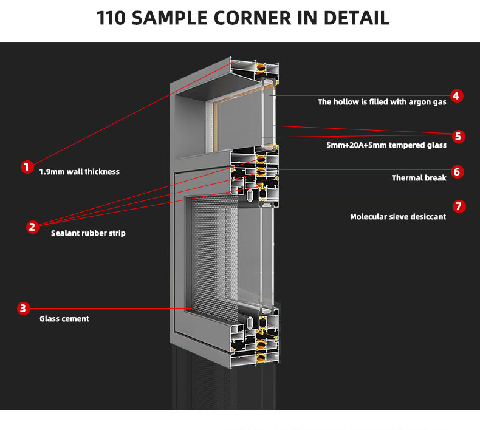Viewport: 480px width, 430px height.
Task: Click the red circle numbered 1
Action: (x=27, y=167)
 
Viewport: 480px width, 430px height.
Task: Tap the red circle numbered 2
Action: (x=32, y=227)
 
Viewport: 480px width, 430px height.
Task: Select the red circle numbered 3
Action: (x=24, y=308)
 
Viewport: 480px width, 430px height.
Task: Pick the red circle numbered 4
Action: (x=456, y=96)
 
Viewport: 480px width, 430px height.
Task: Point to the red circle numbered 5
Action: (x=458, y=136)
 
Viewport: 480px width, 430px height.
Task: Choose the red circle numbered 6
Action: (x=458, y=171)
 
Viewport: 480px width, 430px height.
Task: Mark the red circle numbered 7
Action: (x=459, y=206)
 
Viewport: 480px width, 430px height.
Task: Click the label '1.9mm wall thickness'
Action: (x=79, y=172)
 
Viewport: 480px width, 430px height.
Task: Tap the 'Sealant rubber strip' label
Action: (x=88, y=233)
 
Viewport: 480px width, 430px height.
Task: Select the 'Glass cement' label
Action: (x=64, y=319)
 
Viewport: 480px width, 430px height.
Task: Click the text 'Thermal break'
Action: (x=419, y=178)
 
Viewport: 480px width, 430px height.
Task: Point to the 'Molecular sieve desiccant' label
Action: (x=398, y=217)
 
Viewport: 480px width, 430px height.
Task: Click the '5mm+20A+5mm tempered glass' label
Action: (x=386, y=145)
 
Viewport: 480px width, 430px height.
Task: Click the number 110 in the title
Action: (x=111, y=18)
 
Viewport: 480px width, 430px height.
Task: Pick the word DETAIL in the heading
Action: (x=357, y=18)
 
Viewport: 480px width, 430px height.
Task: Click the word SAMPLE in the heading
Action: (x=170, y=18)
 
